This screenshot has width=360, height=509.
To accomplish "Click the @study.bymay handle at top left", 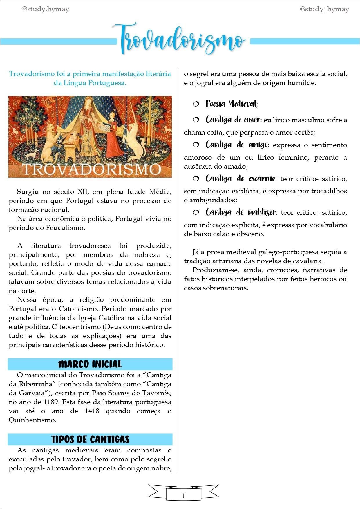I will (45, 10).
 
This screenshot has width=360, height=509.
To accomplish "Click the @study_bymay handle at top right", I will (324, 10).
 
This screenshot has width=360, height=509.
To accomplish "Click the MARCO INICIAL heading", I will (90, 364).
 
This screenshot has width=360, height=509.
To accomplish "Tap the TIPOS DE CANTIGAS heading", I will (90, 439).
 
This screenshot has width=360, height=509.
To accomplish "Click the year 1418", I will (92, 411).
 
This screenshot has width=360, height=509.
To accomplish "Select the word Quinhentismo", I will (32, 420).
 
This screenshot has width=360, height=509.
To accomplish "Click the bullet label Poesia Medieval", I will (231, 104).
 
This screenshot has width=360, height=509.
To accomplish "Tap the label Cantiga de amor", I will (232, 120).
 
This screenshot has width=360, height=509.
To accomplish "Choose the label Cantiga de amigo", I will (236, 145).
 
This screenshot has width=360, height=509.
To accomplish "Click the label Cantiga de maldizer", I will (241, 212).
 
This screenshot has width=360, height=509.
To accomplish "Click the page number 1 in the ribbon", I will (183, 496).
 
